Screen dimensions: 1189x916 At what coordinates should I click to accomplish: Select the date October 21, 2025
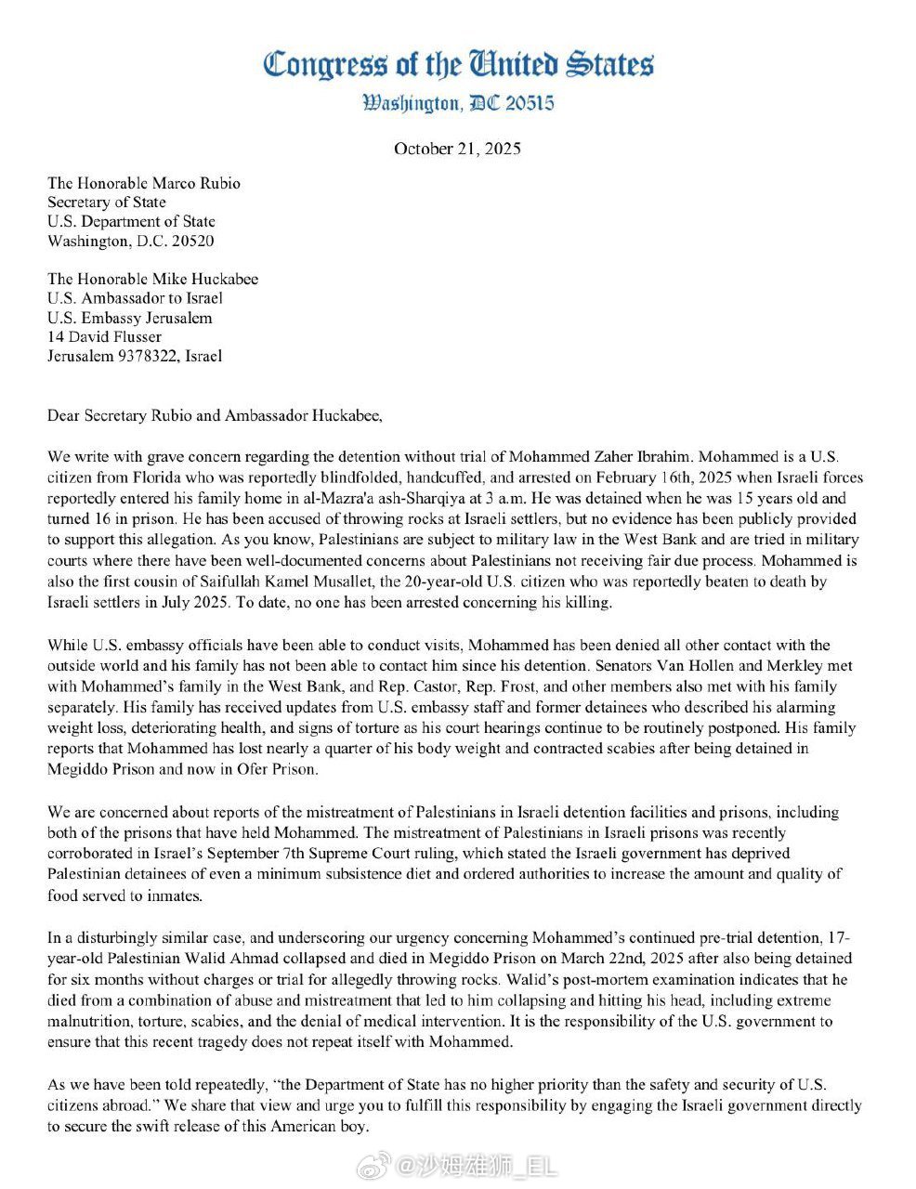click(x=457, y=149)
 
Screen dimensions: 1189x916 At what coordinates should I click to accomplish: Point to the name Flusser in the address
click(x=133, y=336)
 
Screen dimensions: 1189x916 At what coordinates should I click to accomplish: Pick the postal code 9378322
click(x=145, y=356)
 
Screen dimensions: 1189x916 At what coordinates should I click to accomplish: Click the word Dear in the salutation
click(x=64, y=415)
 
